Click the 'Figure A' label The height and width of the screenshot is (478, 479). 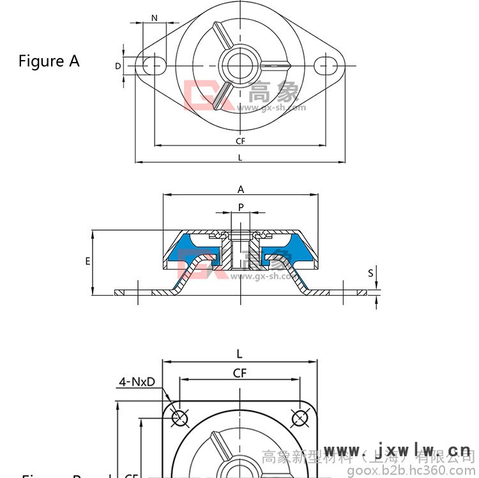[x=49, y=61]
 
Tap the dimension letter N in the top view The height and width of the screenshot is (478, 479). [x=155, y=18]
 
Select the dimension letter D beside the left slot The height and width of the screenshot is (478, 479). [x=118, y=66]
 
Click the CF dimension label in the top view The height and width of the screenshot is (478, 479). [x=240, y=141]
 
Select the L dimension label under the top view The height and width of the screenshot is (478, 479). [x=240, y=157]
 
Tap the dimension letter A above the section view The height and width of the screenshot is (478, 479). [x=241, y=189]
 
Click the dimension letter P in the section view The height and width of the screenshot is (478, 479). [x=241, y=207]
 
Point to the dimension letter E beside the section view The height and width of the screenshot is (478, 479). [x=87, y=261]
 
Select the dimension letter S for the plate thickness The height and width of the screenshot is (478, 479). [x=370, y=273]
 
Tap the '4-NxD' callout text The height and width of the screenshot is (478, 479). [x=137, y=382]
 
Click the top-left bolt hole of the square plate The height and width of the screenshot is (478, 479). [x=180, y=418]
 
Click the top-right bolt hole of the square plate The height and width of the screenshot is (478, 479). [x=300, y=418]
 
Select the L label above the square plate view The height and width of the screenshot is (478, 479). [x=240, y=353]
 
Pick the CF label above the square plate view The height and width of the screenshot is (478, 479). [x=240, y=373]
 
